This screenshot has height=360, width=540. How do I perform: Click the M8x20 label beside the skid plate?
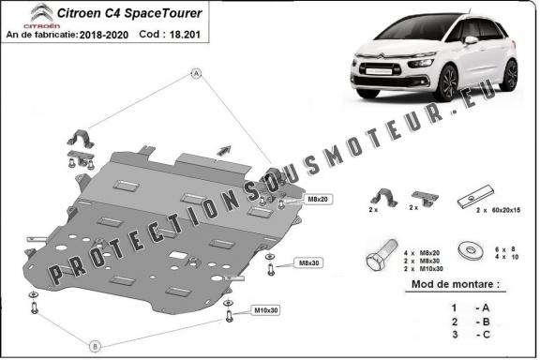(x=292, y=200)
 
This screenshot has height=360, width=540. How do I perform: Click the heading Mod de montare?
(x=455, y=282)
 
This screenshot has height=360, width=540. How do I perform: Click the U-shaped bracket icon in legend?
(x=381, y=199)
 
